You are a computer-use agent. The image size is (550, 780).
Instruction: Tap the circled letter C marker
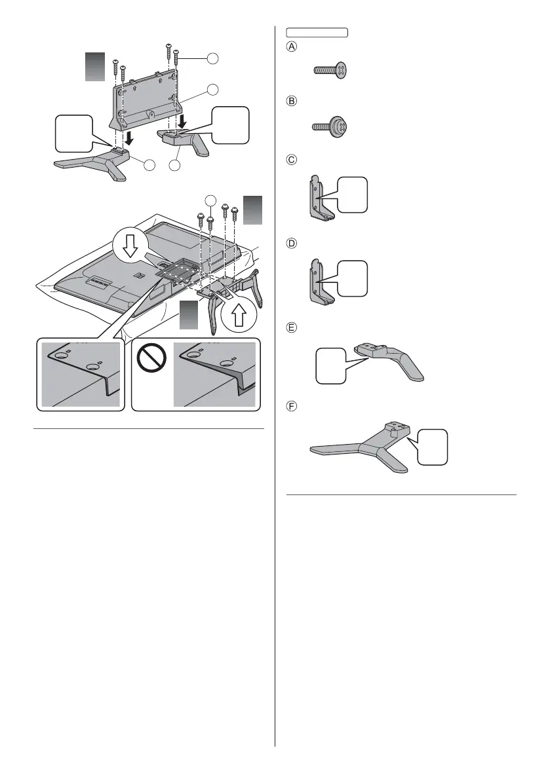[291, 159]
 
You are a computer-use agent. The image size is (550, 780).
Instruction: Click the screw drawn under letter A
[329, 69]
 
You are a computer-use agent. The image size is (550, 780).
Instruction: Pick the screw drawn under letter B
[329, 125]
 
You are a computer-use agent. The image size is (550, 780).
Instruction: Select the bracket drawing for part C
[320, 196]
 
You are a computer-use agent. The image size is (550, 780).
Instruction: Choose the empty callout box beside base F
[434, 447]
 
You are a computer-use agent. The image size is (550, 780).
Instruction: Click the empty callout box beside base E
[331, 365]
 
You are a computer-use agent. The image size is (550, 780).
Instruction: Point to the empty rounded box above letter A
[317, 31]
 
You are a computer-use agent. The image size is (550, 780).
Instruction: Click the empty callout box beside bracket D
[353, 278]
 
